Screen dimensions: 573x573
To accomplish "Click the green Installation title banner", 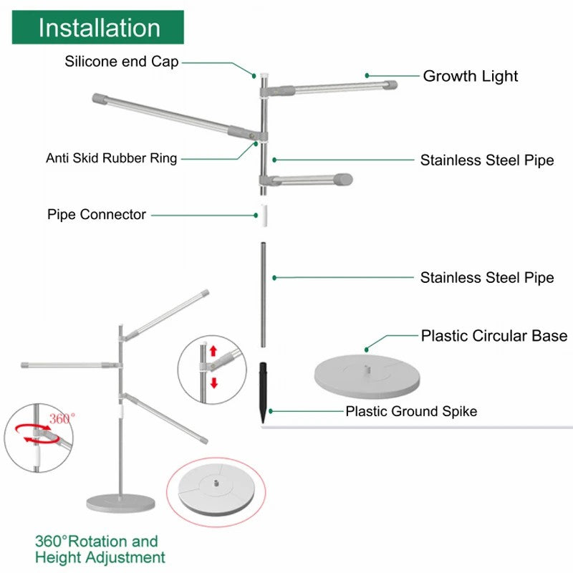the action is [x=98, y=27].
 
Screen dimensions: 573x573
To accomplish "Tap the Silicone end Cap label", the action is [x=122, y=62].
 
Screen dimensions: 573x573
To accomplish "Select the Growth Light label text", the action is [x=471, y=76].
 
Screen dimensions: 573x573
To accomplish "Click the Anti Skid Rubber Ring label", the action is [x=112, y=158].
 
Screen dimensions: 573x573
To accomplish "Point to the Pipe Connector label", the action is [x=97, y=214].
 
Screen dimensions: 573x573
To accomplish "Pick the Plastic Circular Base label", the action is [x=494, y=336].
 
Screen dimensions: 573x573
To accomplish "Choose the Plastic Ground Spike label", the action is [x=411, y=411].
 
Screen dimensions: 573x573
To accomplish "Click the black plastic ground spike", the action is [x=263, y=393].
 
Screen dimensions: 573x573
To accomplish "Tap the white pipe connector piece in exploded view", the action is [x=264, y=216].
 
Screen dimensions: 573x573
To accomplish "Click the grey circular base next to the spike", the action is [x=367, y=376].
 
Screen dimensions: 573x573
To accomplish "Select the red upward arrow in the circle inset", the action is [x=213, y=351].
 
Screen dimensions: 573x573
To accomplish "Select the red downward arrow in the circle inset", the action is [x=214, y=382].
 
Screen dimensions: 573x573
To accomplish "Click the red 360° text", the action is [x=62, y=418].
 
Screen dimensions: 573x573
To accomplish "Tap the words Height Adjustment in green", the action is [x=100, y=558].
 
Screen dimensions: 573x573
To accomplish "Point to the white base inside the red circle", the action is [x=216, y=490].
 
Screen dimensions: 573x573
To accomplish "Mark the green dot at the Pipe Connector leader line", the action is [x=256, y=216].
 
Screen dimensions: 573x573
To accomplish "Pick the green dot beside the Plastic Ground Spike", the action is [x=271, y=411].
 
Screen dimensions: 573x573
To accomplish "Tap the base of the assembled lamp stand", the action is [x=120, y=503].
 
